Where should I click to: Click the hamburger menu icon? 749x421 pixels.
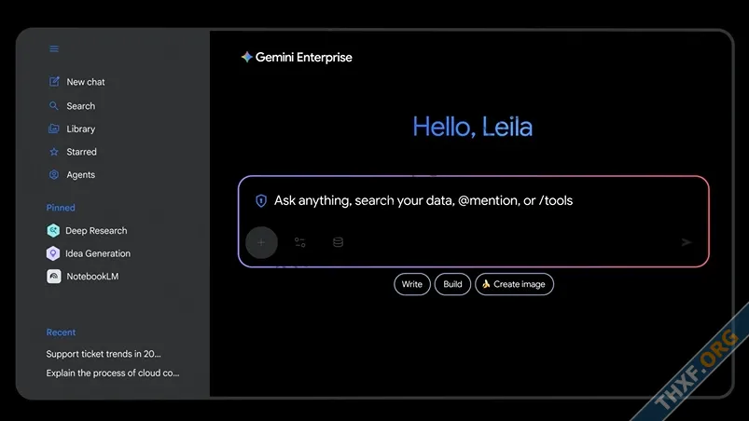[54, 48]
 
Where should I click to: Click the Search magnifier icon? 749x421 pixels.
[53, 106]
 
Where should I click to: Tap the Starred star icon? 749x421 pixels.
[54, 152]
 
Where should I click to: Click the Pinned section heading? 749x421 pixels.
[61, 208]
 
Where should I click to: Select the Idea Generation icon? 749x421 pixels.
[53, 253]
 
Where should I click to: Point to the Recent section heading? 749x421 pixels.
[61, 333]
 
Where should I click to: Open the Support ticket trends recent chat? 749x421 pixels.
[104, 354]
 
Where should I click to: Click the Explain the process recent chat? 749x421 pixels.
[113, 373]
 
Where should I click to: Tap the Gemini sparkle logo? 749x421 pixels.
[246, 57]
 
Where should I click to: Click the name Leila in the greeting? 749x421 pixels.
[506, 127]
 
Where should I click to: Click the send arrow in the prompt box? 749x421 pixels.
[687, 242]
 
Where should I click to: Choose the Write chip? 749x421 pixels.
[412, 284]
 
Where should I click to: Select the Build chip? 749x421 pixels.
[452, 284]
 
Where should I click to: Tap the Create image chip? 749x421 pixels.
[515, 284]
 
